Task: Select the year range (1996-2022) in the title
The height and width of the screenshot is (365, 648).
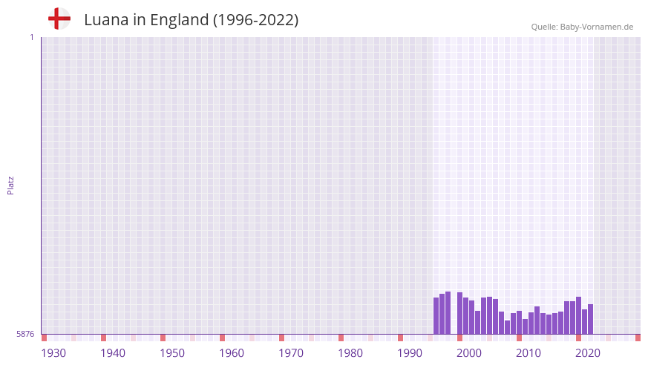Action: [x=256, y=20]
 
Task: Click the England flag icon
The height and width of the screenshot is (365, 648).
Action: [x=59, y=19]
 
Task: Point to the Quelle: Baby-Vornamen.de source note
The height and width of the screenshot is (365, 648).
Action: [x=582, y=27]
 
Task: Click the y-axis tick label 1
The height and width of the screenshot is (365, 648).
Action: [x=31, y=37]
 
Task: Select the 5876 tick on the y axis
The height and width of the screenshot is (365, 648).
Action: [x=25, y=335]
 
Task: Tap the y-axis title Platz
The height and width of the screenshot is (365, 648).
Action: [x=10, y=185]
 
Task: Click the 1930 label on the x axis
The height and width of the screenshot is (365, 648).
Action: [x=53, y=353]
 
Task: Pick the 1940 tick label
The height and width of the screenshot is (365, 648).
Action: [x=113, y=353]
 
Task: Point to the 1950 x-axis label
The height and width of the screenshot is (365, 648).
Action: [x=172, y=353]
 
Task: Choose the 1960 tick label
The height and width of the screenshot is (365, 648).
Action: [x=232, y=353]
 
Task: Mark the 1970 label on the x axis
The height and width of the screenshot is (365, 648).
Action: [x=291, y=353]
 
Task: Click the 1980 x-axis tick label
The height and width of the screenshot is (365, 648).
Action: [x=350, y=353]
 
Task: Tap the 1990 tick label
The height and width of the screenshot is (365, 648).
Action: [x=410, y=353]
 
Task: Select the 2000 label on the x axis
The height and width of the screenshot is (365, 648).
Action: [x=469, y=353]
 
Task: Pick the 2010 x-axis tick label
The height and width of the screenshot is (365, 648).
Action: [x=528, y=353]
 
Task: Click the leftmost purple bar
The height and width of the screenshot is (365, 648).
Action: [x=436, y=316]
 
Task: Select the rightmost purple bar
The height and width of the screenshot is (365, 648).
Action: [x=590, y=319]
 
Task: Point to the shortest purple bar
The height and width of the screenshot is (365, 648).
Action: [x=507, y=327]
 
